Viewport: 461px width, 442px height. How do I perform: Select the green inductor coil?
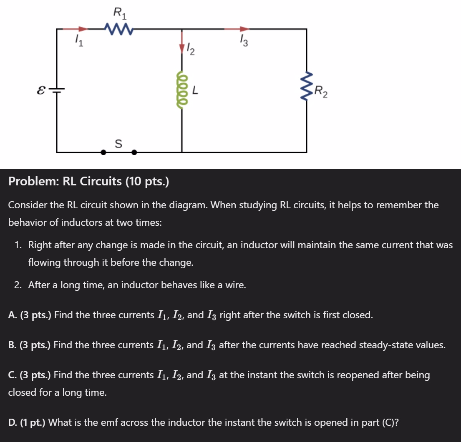point(182,89)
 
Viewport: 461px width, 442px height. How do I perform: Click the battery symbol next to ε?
point(57,90)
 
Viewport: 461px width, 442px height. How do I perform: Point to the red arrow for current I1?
point(82,29)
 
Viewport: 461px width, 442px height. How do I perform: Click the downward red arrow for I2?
point(182,48)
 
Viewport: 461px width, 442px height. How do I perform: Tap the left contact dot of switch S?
point(104,152)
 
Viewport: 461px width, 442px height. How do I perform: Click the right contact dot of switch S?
point(134,152)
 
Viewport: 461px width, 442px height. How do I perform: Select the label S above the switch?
point(118,144)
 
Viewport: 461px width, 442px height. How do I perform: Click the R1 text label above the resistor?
point(119,14)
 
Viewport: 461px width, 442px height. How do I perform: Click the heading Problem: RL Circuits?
point(88,182)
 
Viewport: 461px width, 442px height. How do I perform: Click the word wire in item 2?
point(235,285)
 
